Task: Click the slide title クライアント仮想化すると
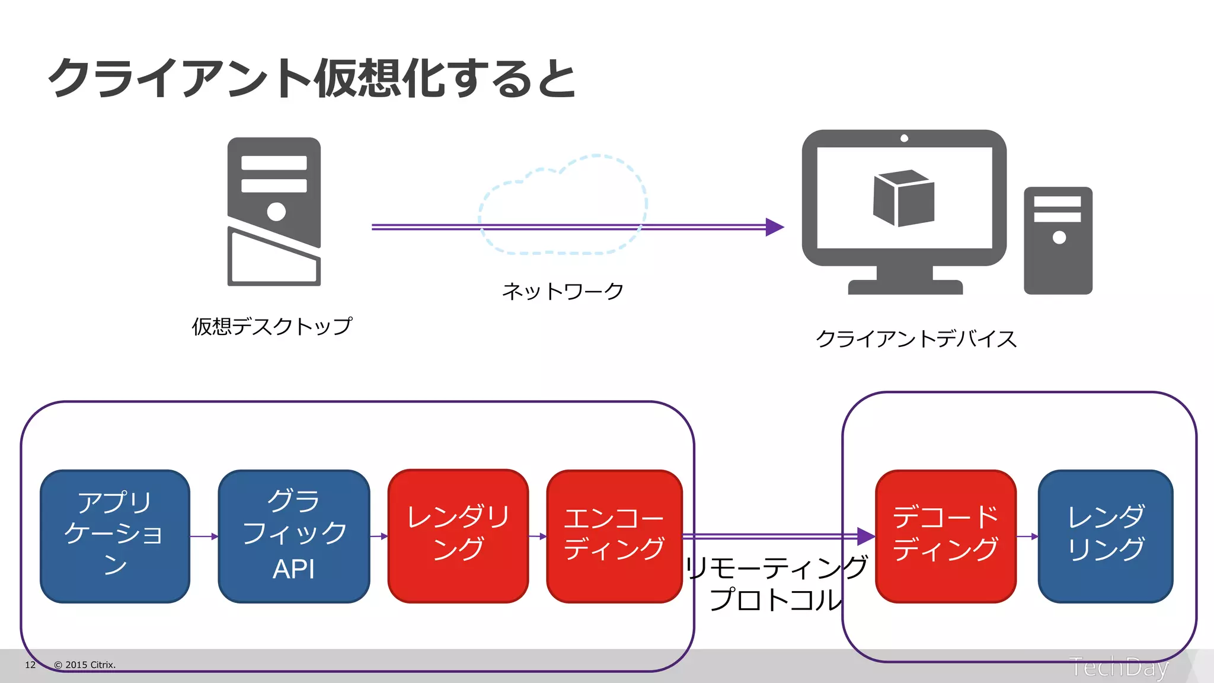[x=312, y=78]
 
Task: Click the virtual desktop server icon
[x=274, y=211]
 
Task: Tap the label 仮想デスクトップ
[x=271, y=326]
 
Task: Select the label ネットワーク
[x=563, y=291]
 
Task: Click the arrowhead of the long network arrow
[x=774, y=226]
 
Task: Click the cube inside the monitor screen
[x=903, y=198]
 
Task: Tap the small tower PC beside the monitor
[x=1058, y=241]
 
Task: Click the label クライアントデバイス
[x=916, y=339]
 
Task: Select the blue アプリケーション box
[x=115, y=536]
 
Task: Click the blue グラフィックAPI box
[x=294, y=536]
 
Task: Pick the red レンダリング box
[x=458, y=536]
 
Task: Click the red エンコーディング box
[x=614, y=536]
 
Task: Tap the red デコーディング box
[x=945, y=536]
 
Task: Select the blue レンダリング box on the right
[x=1106, y=536]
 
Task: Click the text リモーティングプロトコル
[x=776, y=583]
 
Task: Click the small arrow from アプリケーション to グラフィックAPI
[x=205, y=536]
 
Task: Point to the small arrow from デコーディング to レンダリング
[x=1027, y=536]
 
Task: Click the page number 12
[x=30, y=665]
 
